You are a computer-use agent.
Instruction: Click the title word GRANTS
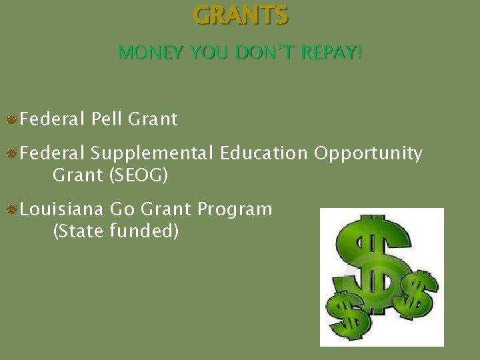pyautogui.click(x=241, y=15)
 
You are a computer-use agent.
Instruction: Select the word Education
pyautogui.click(x=263, y=153)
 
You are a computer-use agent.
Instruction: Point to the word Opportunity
pyautogui.click(x=368, y=154)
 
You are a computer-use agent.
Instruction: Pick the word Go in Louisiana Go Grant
pyautogui.click(x=122, y=209)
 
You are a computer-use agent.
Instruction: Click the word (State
pyautogui.click(x=79, y=232)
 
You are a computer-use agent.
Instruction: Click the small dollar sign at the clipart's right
pyautogui.click(x=418, y=293)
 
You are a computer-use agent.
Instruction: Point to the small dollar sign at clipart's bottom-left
pyautogui.click(x=346, y=313)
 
